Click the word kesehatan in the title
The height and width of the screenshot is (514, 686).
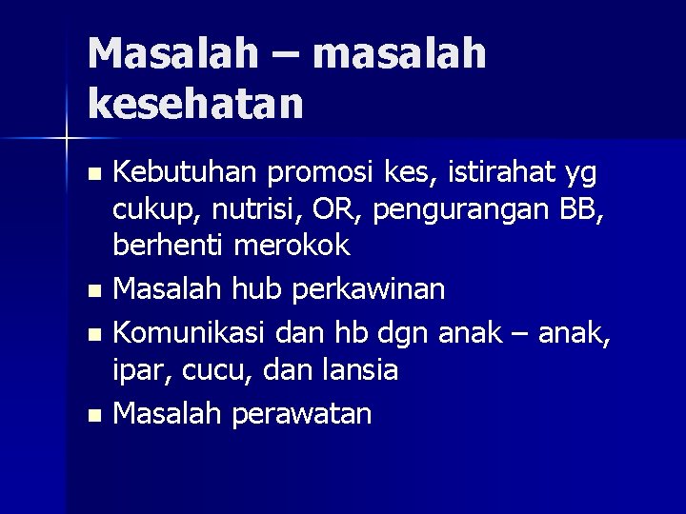point(195,102)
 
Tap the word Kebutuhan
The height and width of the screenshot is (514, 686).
point(187,173)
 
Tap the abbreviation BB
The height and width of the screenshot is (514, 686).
point(580,209)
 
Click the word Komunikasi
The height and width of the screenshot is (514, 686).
point(190,333)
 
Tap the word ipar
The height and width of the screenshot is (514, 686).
point(137,371)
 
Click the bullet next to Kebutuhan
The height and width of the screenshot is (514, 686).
point(91,174)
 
